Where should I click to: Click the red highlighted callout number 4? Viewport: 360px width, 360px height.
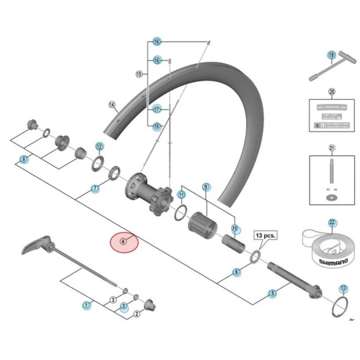(x=123, y=241)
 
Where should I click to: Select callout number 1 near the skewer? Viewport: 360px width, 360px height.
(x=87, y=304)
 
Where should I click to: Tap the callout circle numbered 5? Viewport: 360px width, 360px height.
(x=272, y=294)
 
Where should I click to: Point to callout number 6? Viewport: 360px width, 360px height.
(x=236, y=272)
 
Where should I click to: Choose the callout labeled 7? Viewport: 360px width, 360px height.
(x=95, y=189)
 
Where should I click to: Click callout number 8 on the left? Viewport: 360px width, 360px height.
(x=24, y=159)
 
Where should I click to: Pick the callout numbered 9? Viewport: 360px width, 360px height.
(x=206, y=186)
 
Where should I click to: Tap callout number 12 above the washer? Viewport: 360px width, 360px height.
(x=99, y=146)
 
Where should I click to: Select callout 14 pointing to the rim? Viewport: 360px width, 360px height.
(x=113, y=105)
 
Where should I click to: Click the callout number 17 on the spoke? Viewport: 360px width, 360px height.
(x=157, y=109)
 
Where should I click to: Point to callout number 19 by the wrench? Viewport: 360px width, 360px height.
(x=332, y=56)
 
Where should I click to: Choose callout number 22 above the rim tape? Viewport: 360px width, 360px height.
(x=332, y=222)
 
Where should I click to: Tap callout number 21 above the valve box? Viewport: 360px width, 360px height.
(x=332, y=147)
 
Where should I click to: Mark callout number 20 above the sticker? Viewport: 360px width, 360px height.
(x=332, y=92)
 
